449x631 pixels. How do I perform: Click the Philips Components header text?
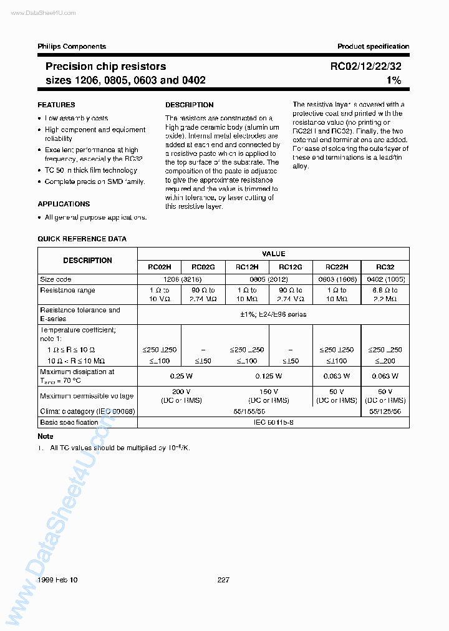(72, 46)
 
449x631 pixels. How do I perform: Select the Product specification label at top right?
(373, 46)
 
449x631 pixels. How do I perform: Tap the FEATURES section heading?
(56, 105)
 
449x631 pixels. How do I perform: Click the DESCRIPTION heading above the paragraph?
(189, 105)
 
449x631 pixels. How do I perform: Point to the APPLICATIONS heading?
(64, 204)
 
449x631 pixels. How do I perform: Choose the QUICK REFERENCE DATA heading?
(82, 239)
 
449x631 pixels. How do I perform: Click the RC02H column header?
(159, 266)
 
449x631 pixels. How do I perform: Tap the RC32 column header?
(385, 266)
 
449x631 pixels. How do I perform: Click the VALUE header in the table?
(273, 254)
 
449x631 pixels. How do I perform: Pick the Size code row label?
(56, 279)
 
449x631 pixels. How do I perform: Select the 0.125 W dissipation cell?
(268, 376)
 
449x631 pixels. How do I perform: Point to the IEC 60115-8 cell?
(273, 422)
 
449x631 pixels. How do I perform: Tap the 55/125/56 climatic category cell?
(385, 412)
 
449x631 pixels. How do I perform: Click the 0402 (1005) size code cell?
(385, 279)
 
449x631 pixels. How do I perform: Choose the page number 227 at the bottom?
(223, 580)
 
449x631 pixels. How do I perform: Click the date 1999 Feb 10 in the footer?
(57, 580)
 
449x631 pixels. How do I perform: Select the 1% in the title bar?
(393, 80)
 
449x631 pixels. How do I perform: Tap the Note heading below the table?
(46, 436)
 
